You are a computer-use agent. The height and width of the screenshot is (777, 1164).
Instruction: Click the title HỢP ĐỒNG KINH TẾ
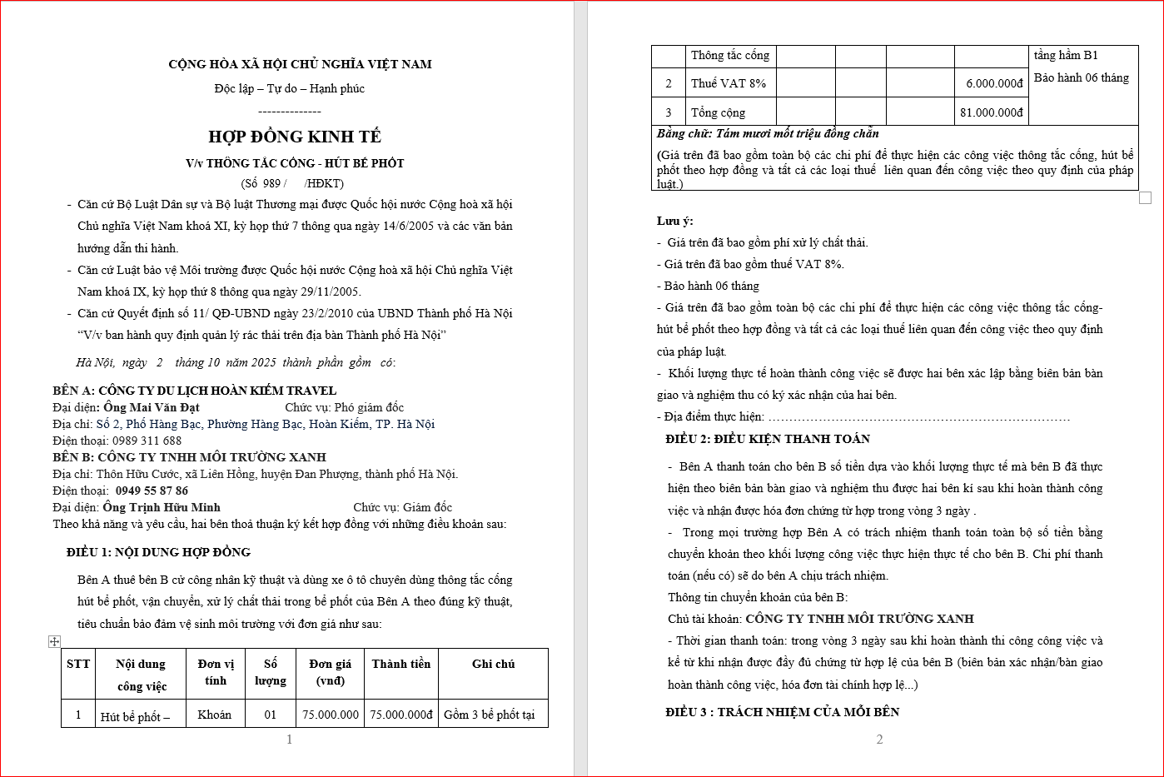[295, 137]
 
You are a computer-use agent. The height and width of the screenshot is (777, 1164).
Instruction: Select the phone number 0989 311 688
[147, 441]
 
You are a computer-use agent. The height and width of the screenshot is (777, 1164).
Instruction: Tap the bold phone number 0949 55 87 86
[152, 491]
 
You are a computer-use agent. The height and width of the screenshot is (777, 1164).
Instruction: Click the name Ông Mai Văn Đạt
[152, 407]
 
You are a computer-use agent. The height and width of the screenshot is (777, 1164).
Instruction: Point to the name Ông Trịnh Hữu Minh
[162, 507]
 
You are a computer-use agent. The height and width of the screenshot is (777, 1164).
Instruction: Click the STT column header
[78, 664]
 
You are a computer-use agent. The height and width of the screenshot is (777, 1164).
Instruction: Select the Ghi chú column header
[493, 664]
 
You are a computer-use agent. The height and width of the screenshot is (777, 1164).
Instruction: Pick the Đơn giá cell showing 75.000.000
[331, 715]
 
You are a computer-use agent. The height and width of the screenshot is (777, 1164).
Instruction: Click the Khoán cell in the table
[215, 715]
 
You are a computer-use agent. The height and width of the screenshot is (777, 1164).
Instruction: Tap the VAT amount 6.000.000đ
[994, 83]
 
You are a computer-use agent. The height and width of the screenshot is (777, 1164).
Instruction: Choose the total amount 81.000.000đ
[991, 112]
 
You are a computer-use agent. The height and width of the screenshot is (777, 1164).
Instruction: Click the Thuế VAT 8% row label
[728, 83]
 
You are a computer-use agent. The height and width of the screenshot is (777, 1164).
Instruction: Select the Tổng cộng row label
[718, 112]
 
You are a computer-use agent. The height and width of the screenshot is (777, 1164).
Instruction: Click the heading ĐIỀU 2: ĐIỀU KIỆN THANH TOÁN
[768, 439]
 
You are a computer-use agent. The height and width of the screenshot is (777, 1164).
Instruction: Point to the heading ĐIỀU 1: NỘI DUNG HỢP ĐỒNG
[158, 552]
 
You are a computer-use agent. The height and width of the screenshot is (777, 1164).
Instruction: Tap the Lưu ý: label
[674, 221]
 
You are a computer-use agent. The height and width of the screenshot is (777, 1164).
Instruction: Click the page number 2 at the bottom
[879, 740]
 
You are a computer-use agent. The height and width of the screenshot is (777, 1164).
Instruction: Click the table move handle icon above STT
[54, 641]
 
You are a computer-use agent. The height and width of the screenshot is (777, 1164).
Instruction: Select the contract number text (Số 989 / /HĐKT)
[292, 183]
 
